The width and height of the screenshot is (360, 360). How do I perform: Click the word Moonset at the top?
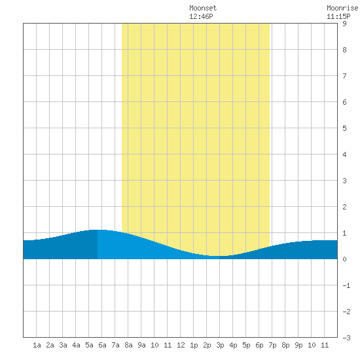[203, 8]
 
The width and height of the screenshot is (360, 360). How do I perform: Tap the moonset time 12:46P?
[201, 16]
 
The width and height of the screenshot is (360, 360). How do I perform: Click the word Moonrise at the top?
[342, 8]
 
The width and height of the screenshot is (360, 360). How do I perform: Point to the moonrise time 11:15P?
[338, 16]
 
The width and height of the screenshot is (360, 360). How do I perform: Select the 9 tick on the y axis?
[344, 24]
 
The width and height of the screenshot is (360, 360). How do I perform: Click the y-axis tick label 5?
[344, 128]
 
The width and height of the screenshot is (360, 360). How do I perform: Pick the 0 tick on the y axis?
[344, 259]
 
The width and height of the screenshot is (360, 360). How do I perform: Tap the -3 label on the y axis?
[346, 338]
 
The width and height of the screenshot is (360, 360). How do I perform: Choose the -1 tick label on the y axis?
[346, 285]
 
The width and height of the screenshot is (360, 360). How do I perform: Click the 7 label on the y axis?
[344, 76]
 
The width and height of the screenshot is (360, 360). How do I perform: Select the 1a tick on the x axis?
[37, 345]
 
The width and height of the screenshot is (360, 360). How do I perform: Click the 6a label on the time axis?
[102, 345]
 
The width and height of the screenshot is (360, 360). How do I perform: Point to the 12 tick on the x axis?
[181, 345]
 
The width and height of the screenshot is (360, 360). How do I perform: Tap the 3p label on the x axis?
[220, 345]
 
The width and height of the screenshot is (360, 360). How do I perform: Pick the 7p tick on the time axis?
[272, 345]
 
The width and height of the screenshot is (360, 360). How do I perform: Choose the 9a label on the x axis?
[141, 345]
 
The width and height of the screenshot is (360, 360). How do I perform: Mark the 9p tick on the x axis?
[298, 345]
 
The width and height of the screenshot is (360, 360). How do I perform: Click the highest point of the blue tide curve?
[98, 230]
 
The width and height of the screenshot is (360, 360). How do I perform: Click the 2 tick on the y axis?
[344, 207]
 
